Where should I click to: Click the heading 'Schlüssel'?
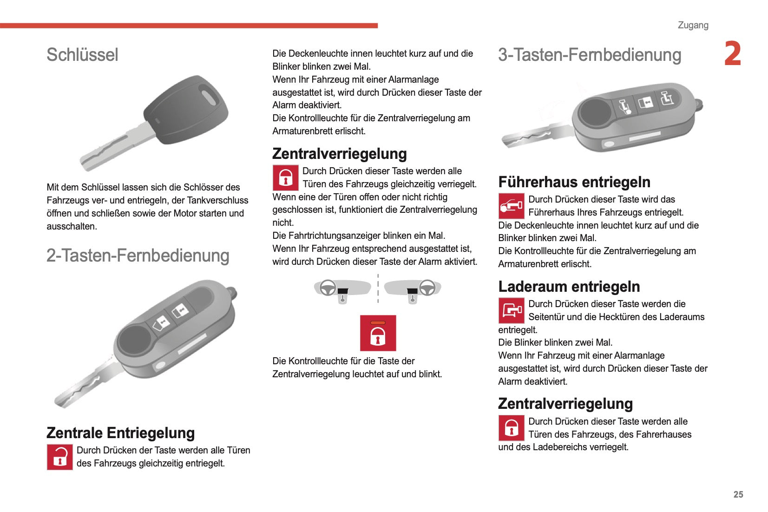click(82, 55)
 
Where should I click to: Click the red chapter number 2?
click(732, 54)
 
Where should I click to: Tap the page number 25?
click(738, 494)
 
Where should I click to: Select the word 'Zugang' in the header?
click(693, 25)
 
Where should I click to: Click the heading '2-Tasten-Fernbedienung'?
click(138, 256)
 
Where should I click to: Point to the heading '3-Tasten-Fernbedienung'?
click(590, 55)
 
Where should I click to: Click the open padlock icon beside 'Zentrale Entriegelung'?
click(60, 457)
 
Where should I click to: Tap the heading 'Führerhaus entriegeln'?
click(574, 182)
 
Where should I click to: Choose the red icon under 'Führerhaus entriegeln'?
click(511, 206)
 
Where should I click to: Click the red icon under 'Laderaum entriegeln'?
click(511, 310)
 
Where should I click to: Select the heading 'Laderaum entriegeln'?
click(569, 286)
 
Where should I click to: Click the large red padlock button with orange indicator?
click(378, 333)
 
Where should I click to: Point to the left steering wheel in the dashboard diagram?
click(328, 288)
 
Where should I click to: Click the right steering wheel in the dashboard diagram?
click(427, 288)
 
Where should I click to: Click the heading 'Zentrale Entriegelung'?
click(121, 433)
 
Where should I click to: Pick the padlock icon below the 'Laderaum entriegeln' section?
click(511, 428)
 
